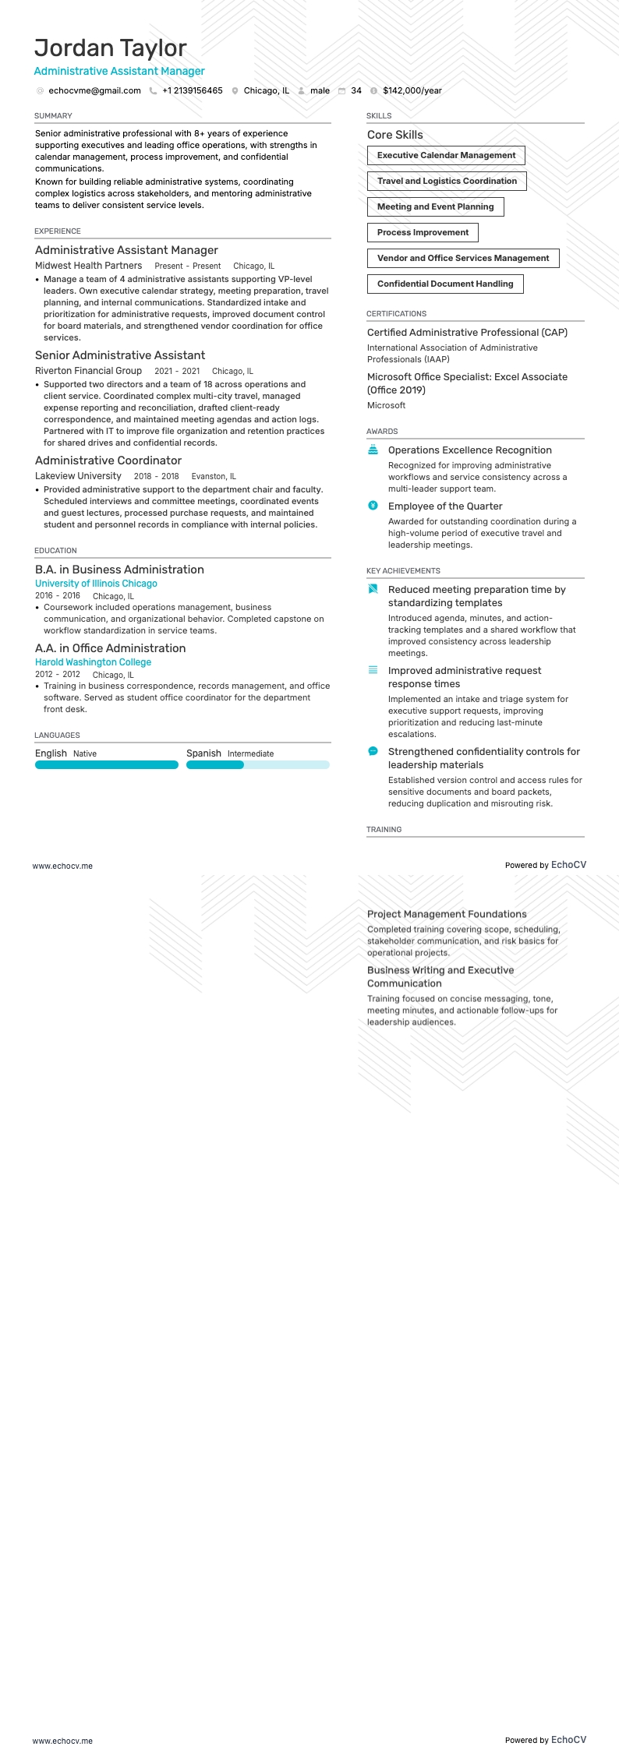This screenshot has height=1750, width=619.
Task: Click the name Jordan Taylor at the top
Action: click(110, 48)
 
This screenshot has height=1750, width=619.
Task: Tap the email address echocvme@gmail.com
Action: click(94, 91)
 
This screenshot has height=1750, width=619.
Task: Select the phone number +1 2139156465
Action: click(192, 91)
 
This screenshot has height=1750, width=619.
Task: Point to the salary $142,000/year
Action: click(412, 91)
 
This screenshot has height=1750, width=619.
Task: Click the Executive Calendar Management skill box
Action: click(446, 156)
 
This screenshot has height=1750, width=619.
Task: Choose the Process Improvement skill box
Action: click(423, 233)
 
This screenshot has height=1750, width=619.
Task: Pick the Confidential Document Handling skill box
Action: click(445, 284)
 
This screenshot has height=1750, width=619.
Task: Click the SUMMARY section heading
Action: click(53, 116)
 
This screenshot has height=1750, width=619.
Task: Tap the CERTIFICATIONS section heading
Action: click(396, 314)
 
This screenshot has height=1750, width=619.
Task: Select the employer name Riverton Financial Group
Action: click(88, 372)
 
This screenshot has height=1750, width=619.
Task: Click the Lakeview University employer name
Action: click(78, 477)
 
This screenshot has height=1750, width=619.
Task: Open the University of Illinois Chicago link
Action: click(96, 584)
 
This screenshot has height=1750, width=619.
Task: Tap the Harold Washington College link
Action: click(93, 662)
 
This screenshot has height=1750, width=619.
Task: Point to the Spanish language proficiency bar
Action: click(257, 765)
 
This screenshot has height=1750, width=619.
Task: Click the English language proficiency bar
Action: click(107, 765)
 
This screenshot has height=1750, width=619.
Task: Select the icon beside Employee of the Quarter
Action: click(373, 506)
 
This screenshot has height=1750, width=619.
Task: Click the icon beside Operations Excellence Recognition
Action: click(373, 450)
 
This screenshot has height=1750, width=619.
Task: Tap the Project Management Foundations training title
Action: click(447, 915)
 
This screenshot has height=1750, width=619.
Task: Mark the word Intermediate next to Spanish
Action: click(250, 754)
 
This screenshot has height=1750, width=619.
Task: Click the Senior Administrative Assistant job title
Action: click(120, 356)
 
